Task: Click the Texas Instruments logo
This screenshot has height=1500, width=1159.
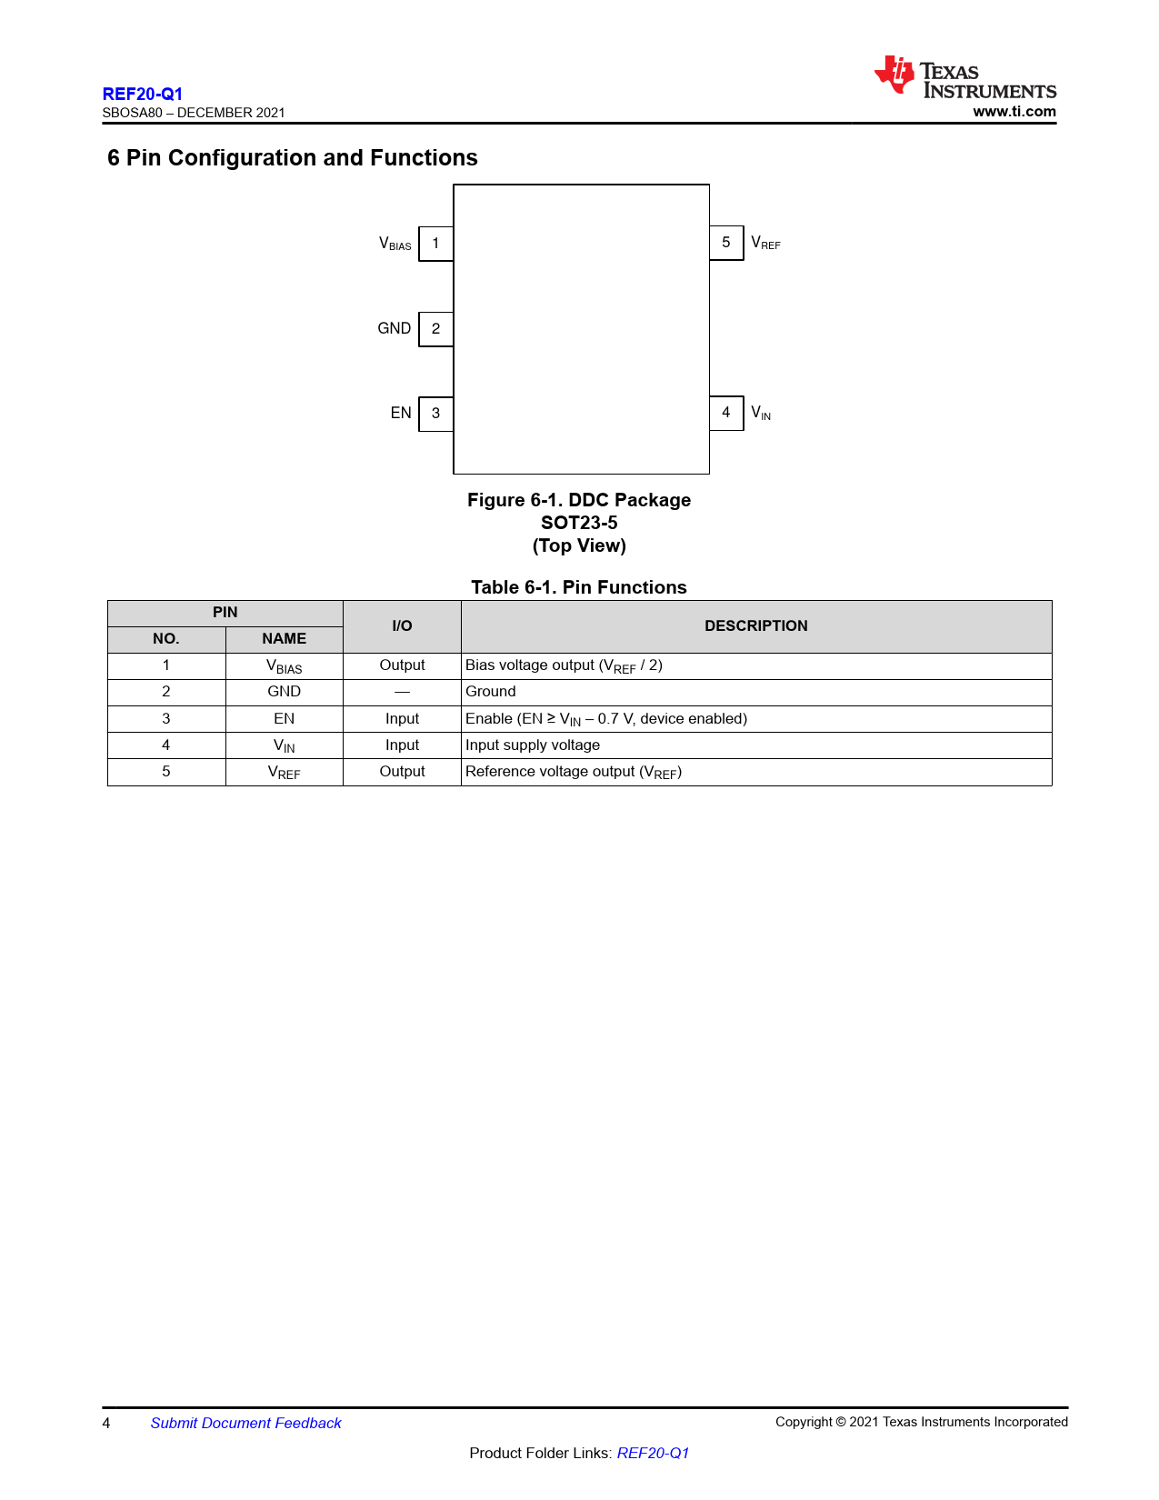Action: [x=964, y=77]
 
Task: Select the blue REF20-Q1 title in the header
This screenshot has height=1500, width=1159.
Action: [x=143, y=94]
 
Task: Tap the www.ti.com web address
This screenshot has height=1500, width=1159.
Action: [x=1014, y=112]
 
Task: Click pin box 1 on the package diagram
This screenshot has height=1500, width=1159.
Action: [x=436, y=244]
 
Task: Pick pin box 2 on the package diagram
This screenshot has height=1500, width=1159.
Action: [x=436, y=329]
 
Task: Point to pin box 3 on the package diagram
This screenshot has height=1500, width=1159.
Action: [x=436, y=414]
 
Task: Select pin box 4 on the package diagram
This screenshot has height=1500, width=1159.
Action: [x=726, y=413]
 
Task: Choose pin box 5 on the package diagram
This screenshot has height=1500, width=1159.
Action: [x=726, y=243]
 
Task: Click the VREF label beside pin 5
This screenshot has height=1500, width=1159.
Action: [x=765, y=244]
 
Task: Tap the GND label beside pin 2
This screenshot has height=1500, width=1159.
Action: [x=395, y=328]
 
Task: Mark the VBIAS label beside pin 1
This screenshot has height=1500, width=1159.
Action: [x=395, y=244]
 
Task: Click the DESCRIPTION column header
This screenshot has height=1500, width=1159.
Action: [x=755, y=625]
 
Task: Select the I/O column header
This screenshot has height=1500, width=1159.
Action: [x=402, y=625]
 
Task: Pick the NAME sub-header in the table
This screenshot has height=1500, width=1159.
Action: [x=284, y=639]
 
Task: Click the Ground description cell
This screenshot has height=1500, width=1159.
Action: [x=491, y=692]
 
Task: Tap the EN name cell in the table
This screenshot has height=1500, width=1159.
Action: [x=284, y=718]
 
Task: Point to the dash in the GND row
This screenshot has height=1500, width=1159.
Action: [x=402, y=692]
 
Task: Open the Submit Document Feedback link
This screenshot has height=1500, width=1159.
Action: [x=245, y=1423]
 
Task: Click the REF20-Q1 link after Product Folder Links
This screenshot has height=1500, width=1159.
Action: [x=653, y=1453]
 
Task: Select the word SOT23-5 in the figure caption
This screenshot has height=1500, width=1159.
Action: [x=579, y=523]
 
